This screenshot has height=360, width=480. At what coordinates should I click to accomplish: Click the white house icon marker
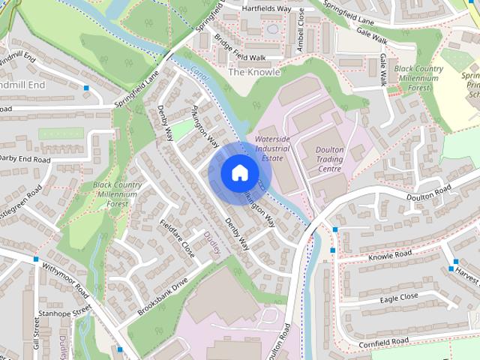coord(238,173)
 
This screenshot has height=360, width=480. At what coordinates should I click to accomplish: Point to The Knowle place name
coord(253,73)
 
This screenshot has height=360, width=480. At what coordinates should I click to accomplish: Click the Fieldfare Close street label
coord(178,238)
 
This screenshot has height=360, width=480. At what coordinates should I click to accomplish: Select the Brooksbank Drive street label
coord(163,297)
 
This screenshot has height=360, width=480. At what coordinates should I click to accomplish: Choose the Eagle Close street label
coord(398,298)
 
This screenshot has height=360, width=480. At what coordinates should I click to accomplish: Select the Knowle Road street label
coord(390,256)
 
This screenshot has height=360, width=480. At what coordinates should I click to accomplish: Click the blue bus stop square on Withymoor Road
coord(35,259)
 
